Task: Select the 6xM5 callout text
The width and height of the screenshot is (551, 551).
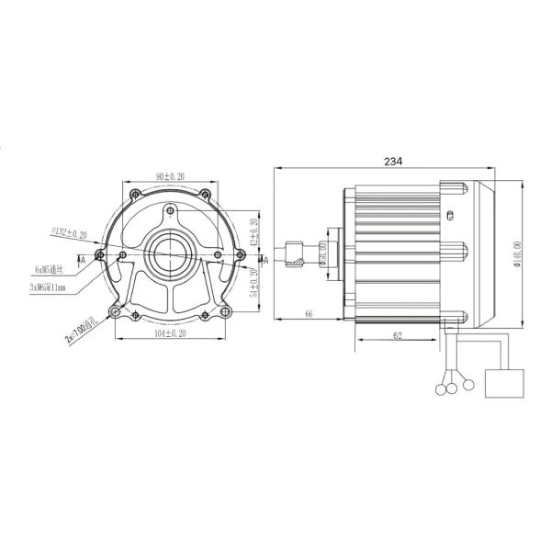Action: (x=60, y=270)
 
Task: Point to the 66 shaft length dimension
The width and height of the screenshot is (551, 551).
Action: (x=309, y=314)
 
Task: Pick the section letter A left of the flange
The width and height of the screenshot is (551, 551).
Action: (x=83, y=260)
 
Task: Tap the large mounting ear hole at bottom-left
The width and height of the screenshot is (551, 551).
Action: (x=115, y=314)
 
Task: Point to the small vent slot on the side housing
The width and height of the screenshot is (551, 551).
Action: (x=450, y=216)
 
